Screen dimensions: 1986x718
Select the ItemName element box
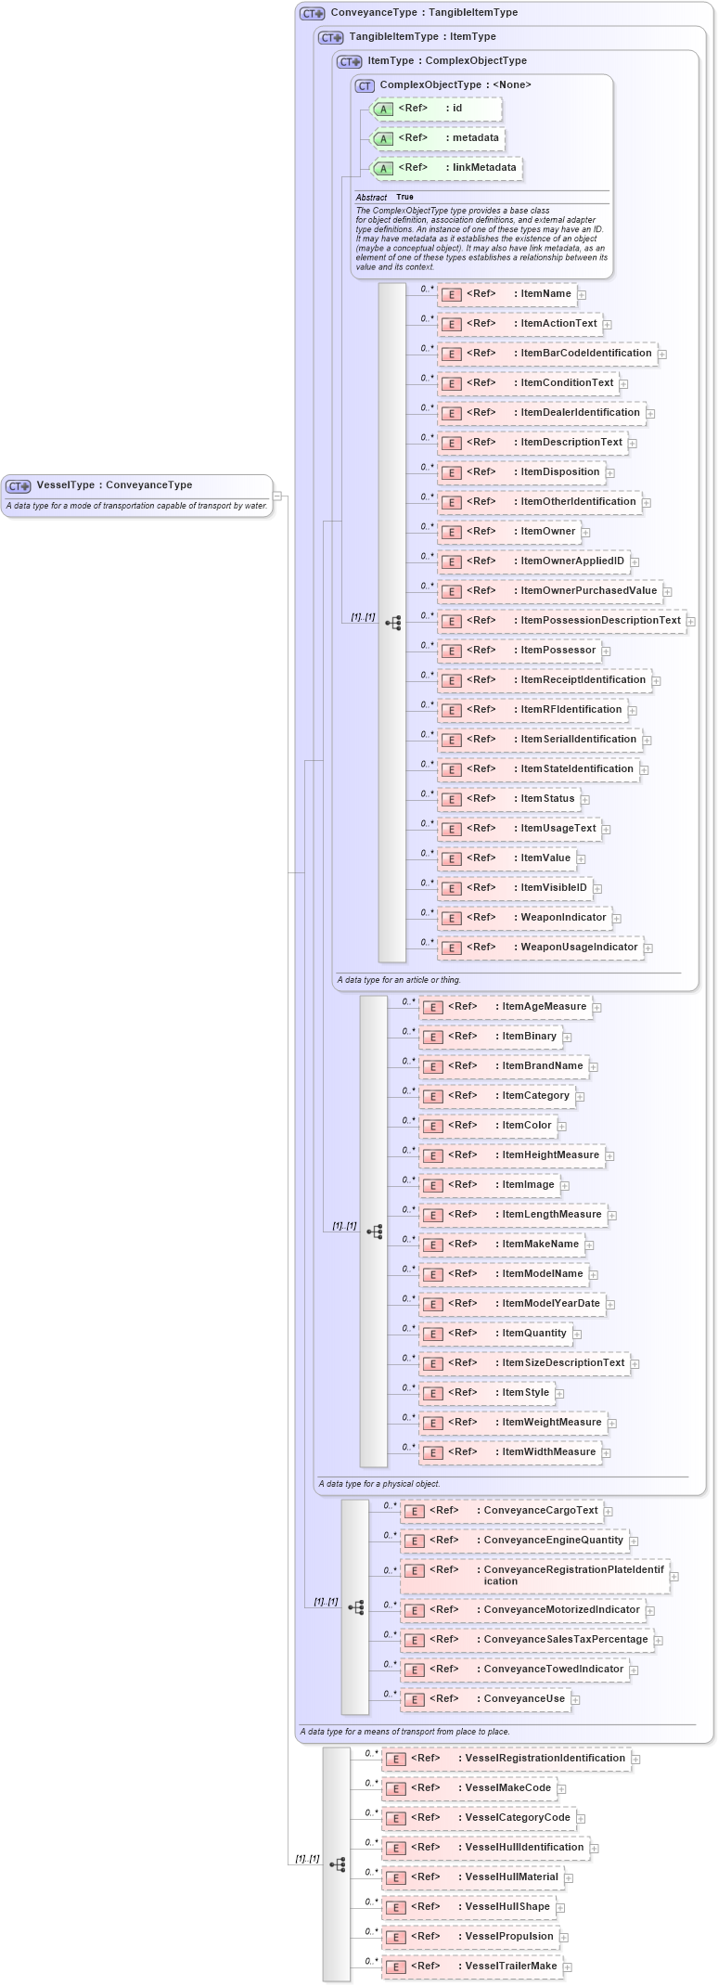(x=506, y=294)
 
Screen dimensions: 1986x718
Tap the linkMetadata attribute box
(x=445, y=168)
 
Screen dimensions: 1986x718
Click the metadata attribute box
(x=437, y=138)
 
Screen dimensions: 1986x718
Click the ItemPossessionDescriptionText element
(x=561, y=621)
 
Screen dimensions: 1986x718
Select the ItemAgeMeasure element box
(x=505, y=1007)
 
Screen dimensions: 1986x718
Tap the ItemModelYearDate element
(x=511, y=1304)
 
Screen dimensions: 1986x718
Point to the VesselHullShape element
(x=468, y=1907)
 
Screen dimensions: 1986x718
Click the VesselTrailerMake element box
(x=472, y=1967)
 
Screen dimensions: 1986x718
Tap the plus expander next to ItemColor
(x=562, y=1127)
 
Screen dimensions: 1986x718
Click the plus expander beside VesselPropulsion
(x=564, y=1938)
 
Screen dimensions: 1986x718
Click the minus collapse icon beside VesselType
(x=276, y=496)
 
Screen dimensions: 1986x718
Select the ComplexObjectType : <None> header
(x=443, y=85)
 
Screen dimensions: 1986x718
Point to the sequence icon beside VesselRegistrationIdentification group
(x=338, y=1863)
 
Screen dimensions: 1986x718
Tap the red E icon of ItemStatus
(x=451, y=800)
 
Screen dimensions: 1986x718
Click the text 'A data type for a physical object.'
(x=379, y=1484)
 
